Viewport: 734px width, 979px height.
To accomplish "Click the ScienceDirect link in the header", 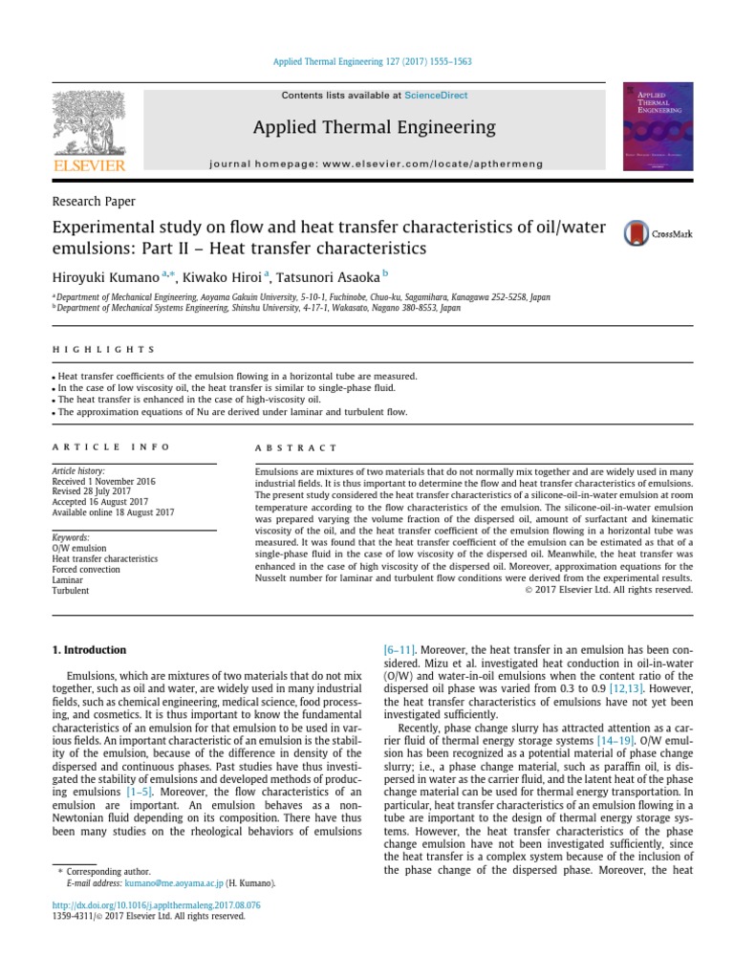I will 430,96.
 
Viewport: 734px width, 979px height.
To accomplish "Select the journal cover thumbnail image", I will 658,126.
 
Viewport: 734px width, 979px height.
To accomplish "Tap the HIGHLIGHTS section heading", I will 102,350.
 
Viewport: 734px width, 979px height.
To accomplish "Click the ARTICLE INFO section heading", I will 111,446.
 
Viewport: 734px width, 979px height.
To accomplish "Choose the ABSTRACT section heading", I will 296,447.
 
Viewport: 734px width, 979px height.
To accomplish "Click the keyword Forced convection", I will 86,569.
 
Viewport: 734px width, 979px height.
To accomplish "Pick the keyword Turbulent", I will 71,591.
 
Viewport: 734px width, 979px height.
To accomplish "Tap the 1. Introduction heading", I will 88,650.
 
